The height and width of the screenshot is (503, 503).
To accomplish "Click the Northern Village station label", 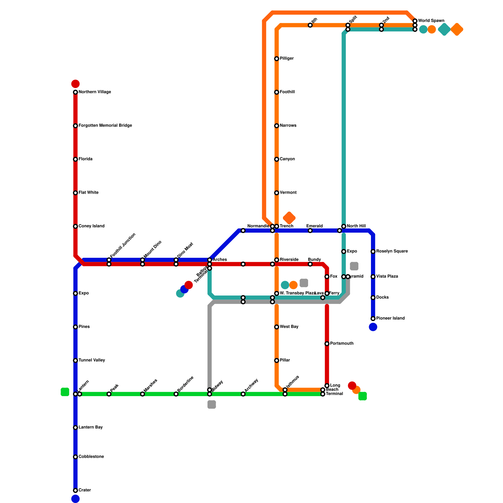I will [95, 92].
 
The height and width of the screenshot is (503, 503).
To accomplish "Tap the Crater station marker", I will [75, 490].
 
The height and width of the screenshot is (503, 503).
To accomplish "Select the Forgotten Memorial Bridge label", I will [105, 126].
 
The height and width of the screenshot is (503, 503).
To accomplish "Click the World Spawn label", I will [431, 21].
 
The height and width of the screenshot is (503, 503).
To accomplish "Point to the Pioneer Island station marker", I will [373, 318].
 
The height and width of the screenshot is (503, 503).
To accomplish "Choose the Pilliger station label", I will [287, 59].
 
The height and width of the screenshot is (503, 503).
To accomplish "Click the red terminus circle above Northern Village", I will [75, 84].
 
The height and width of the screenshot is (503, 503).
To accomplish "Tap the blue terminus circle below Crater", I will [75, 499].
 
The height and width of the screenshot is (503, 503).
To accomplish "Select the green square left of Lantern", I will [65, 392].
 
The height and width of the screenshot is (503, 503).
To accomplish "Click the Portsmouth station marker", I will [327, 344].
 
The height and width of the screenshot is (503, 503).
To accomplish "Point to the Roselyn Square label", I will [392, 251].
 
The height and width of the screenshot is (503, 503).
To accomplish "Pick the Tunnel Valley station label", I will [92, 361].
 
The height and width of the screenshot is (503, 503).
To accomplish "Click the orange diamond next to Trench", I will [289, 218].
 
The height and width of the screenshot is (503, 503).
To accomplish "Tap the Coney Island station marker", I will [75, 226].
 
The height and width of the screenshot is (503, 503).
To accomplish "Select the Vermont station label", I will [288, 193].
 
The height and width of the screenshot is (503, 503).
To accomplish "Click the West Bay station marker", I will [277, 327].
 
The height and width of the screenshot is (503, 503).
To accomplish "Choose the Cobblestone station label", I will [91, 457].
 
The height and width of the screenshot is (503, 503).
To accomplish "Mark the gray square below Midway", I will [212, 405].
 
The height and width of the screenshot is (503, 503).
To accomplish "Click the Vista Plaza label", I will [387, 277].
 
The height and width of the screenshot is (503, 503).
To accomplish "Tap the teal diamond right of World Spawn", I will [444, 30].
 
